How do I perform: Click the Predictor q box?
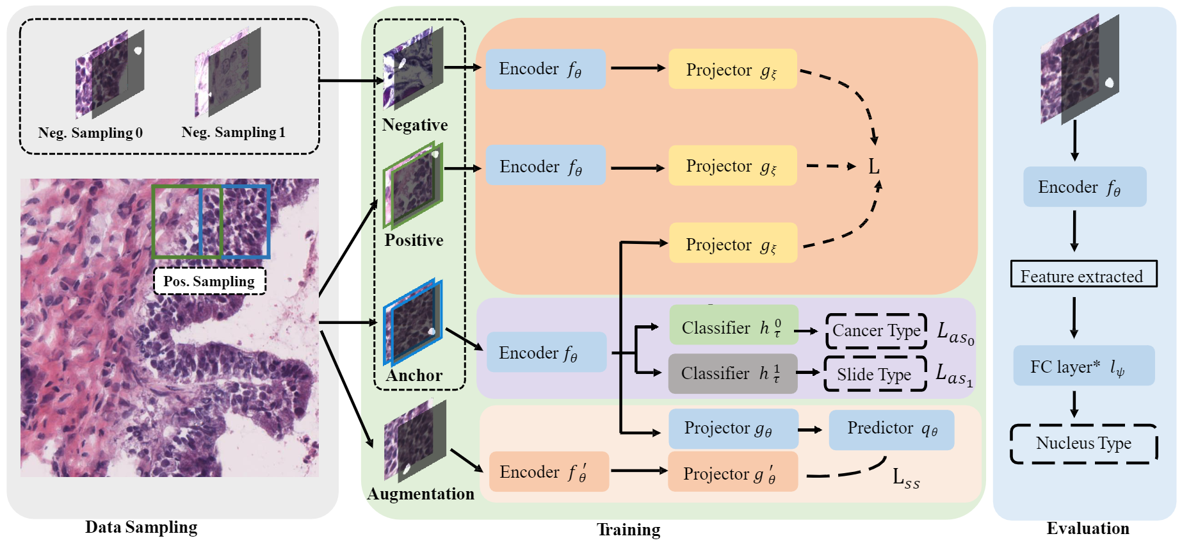pyautogui.click(x=891, y=430)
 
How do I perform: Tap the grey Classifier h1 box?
pyautogui.click(x=733, y=373)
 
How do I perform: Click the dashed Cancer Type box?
pyautogui.click(x=876, y=331)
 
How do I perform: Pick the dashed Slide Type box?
pyautogui.click(x=875, y=374)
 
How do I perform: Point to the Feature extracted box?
pyautogui.click(x=1083, y=274)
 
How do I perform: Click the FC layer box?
pyautogui.click(x=1083, y=366)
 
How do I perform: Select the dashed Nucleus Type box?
pyautogui.click(x=1083, y=443)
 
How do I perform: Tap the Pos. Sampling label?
pyautogui.click(x=209, y=281)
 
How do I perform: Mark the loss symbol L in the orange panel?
pyautogui.click(x=873, y=167)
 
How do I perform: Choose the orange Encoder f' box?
pyautogui.click(x=549, y=472)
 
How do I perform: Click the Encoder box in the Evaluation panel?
pyautogui.click(x=1084, y=187)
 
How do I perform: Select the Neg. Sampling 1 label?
pyautogui.click(x=233, y=133)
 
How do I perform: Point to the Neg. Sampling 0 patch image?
pyautogui.click(x=109, y=75)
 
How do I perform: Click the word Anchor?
pyautogui.click(x=414, y=375)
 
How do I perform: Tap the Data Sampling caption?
pyautogui.click(x=141, y=527)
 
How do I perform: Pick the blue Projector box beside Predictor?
pyautogui.click(x=733, y=428)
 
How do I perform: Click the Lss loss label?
pyautogui.click(x=905, y=478)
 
